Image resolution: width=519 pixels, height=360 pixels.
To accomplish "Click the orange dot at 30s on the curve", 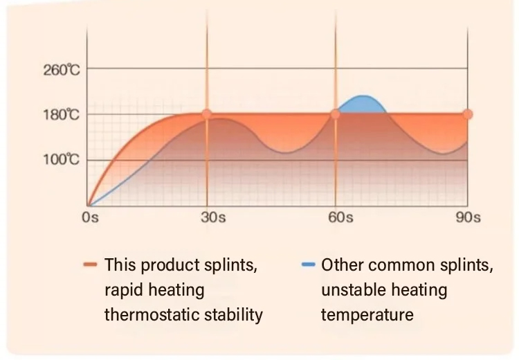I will tap(206, 114).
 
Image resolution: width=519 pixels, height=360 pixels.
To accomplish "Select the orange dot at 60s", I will tap(336, 114).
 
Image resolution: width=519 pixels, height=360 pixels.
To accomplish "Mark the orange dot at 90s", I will tap(467, 114).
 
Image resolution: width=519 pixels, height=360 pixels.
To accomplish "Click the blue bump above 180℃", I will tap(362, 103).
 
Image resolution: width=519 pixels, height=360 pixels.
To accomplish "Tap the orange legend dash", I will tap(90, 265).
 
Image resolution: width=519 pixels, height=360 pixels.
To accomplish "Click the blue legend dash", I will tap(309, 265).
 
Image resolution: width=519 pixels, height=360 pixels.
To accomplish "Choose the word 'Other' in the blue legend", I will tap(342, 265).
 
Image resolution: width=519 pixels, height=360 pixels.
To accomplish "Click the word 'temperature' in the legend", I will tap(367, 315).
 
